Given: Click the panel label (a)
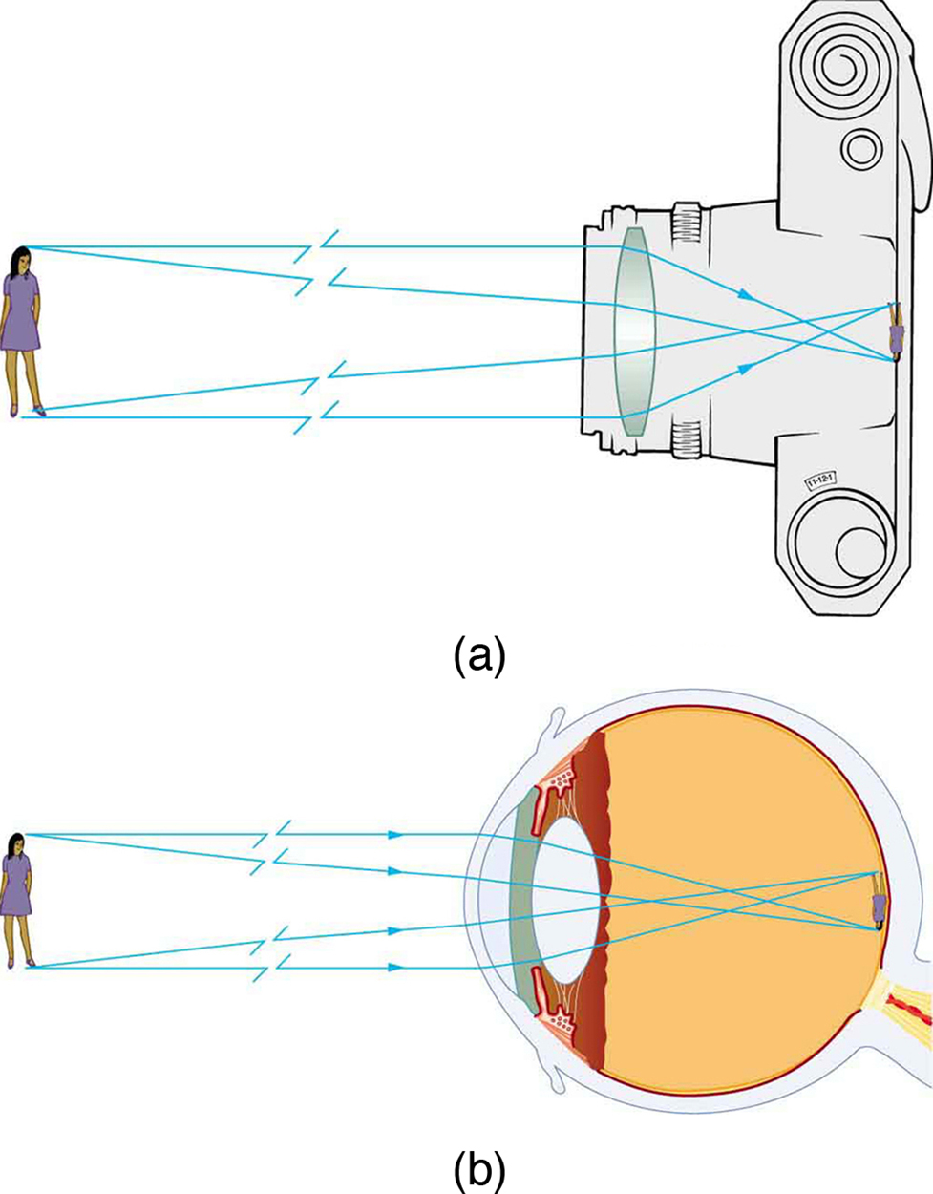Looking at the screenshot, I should (478, 657).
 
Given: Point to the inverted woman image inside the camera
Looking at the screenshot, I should (896, 333).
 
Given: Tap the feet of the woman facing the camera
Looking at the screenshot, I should (27, 410).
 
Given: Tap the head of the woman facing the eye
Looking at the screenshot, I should (16, 843).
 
